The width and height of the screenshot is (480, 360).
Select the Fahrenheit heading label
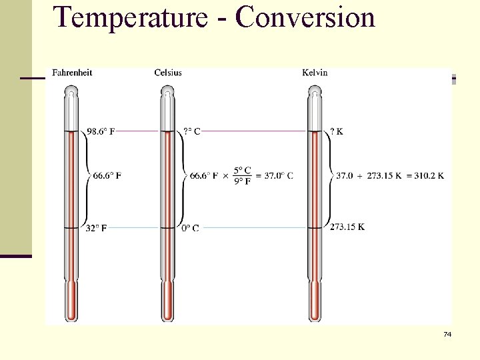pos(72,73)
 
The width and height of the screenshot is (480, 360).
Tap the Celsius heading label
pos(168,73)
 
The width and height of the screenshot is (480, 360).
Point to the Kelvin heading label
pos(315,73)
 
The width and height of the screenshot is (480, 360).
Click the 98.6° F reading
pos(101,132)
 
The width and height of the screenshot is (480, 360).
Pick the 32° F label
pos(97,228)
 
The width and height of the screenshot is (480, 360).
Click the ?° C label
pos(192,132)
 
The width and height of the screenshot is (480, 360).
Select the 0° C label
pos(191,228)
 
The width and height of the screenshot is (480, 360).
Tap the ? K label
pos(337,132)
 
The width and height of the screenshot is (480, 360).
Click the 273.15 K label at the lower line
pos(347,227)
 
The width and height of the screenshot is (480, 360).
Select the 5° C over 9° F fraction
pos(242,175)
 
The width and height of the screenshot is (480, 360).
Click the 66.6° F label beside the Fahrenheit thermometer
pos(105,175)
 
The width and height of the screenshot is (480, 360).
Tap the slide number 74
pos(447,333)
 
